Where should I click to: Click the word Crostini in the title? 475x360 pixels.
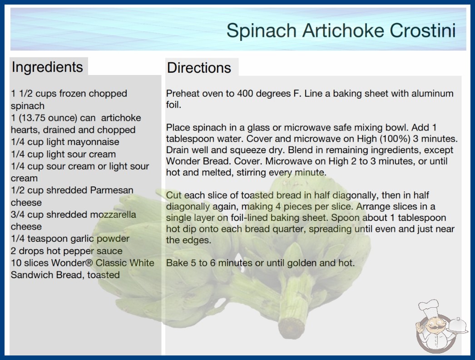(423, 30)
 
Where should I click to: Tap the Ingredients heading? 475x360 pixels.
(47, 67)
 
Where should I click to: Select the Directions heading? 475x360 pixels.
(199, 68)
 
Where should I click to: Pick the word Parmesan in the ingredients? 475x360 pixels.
(112, 190)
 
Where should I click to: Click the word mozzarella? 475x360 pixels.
(113, 215)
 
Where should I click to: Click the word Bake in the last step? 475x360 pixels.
(177, 263)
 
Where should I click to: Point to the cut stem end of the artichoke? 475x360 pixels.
(291, 327)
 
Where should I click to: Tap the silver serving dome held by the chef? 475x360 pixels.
(457, 325)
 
